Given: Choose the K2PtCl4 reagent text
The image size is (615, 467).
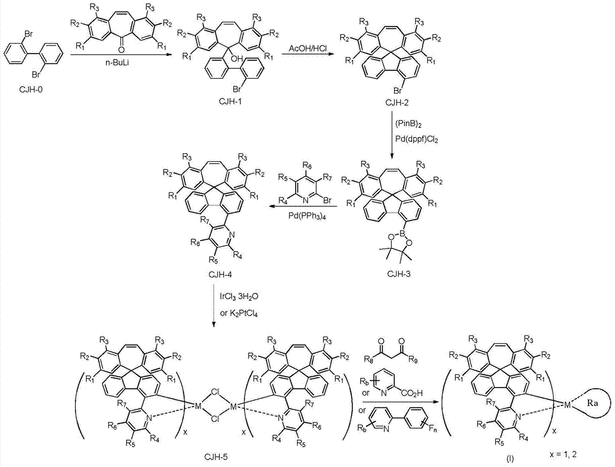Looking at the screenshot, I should [x=241, y=312].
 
